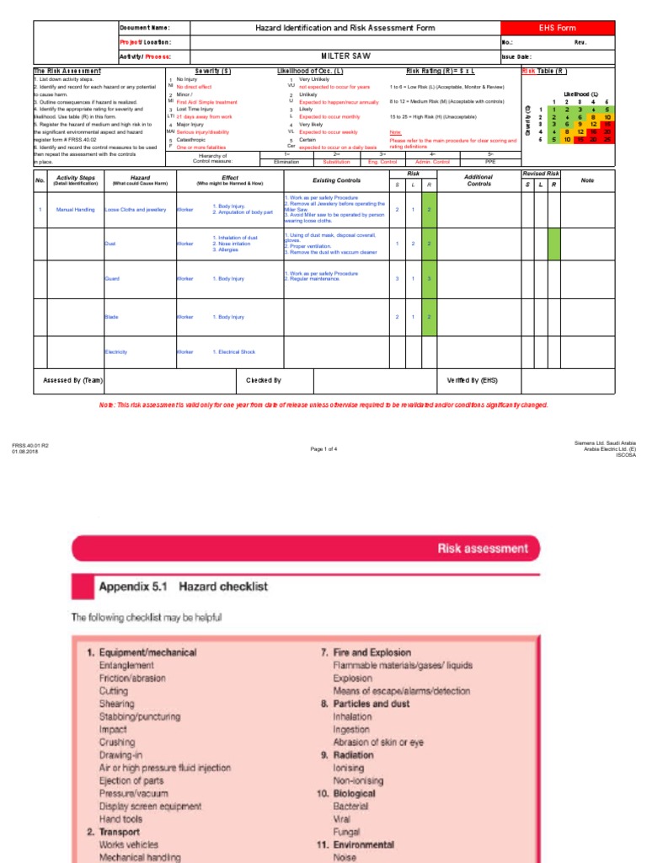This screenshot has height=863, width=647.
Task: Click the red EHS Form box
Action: (x=558, y=28)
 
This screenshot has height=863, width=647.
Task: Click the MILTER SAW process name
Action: (x=345, y=56)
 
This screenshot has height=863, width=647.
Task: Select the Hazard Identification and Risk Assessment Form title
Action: (x=345, y=28)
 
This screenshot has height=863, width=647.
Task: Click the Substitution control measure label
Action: (x=336, y=161)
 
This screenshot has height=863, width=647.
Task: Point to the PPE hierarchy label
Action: (x=491, y=161)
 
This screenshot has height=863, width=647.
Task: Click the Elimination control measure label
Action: (x=287, y=161)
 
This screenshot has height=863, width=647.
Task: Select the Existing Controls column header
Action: (x=337, y=180)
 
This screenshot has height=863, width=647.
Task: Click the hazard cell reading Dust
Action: (x=110, y=243)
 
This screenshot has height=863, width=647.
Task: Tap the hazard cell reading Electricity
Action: (x=115, y=351)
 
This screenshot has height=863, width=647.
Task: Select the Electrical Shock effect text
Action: (x=233, y=351)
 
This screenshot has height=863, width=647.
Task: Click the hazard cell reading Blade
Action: (x=110, y=317)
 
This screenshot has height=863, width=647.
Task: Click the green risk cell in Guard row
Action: (x=430, y=278)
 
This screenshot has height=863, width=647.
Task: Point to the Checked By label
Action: (x=264, y=380)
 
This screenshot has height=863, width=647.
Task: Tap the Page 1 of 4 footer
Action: (x=323, y=448)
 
